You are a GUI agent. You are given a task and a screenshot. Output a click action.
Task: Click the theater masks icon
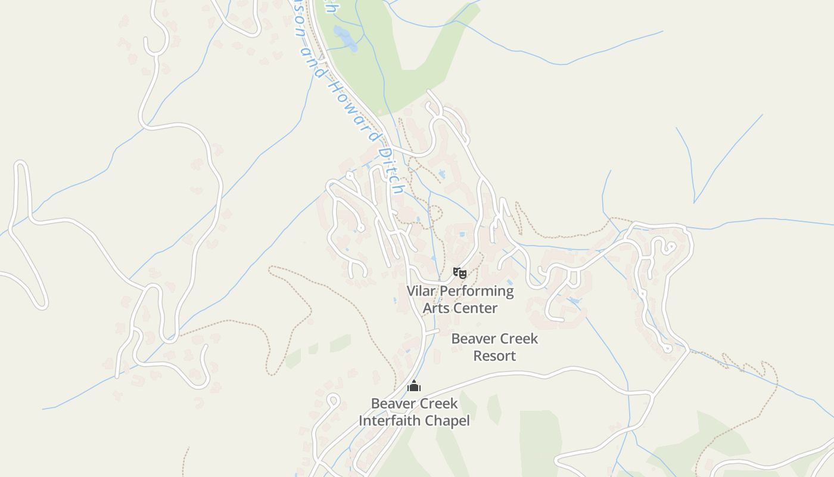(459, 273)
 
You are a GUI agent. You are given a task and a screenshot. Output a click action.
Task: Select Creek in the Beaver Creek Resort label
(518, 339)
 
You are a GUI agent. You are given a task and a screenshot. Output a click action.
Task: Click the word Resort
(494, 356)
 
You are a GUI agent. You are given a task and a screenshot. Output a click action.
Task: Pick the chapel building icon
(414, 386)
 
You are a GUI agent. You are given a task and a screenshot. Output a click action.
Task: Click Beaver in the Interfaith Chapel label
(393, 404)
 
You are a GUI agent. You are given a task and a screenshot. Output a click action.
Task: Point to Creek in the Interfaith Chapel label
(438, 404)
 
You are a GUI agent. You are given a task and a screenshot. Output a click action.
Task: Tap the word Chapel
(449, 421)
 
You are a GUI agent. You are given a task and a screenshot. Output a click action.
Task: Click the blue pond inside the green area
(344, 37)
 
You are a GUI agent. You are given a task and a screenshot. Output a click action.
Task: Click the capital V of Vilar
(412, 291)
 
